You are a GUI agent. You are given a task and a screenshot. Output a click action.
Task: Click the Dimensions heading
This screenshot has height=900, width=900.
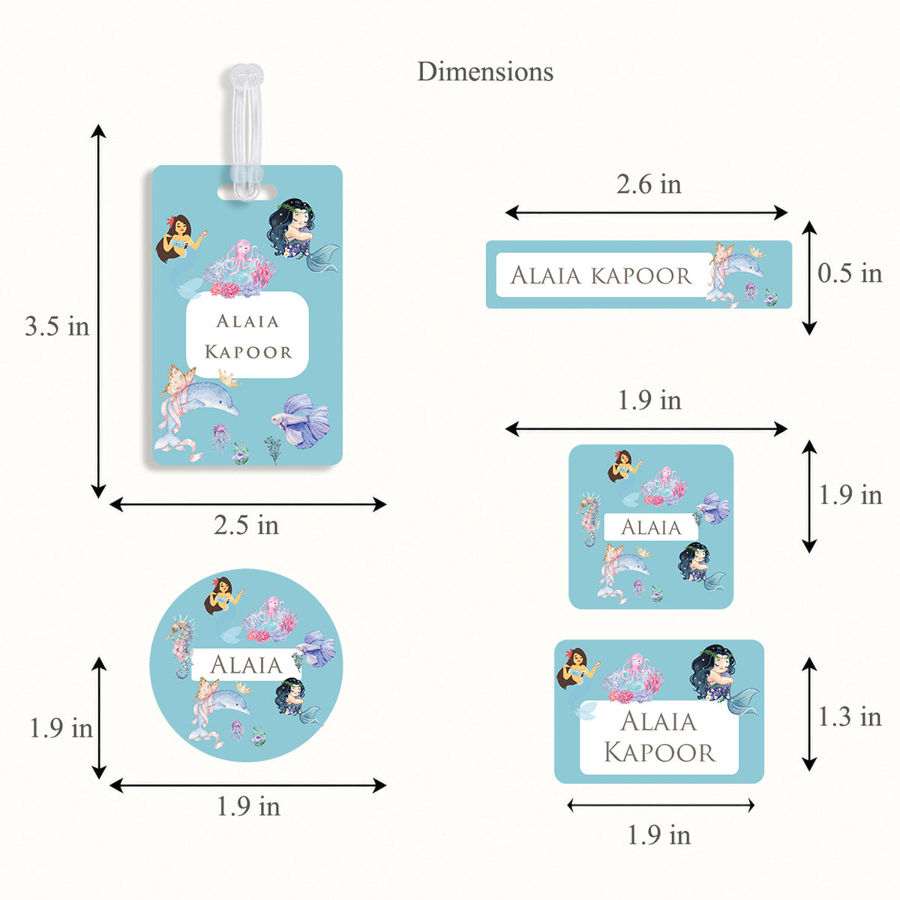tap(484, 72)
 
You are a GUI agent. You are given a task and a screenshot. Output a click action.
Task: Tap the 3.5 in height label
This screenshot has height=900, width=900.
tap(56, 325)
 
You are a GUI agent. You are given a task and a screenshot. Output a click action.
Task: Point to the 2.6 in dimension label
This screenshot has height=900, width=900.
tap(648, 184)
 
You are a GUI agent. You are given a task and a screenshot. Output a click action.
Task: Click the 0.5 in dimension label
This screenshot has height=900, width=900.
tap(850, 273)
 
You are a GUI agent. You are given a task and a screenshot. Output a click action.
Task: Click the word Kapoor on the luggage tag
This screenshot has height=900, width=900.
tap(248, 352)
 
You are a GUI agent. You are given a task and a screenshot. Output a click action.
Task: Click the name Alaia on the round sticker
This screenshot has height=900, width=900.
tap(246, 664)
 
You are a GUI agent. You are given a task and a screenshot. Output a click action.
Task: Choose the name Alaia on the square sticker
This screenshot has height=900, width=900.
tap(651, 527)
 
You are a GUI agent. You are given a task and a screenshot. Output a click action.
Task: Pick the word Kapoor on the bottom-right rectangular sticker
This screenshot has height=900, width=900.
tap(659, 752)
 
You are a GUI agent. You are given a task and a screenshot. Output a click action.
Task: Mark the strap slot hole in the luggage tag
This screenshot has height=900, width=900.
tap(247, 192)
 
